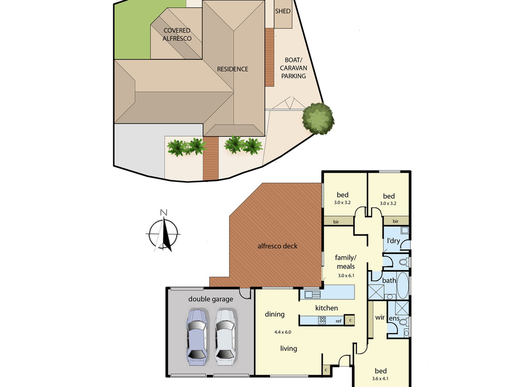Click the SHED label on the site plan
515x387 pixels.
282,11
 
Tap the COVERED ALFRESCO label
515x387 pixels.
177,34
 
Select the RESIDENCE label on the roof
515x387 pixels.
233,69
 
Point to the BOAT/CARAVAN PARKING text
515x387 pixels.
293,68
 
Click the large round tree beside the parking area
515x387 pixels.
318,118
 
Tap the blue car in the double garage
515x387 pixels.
197,336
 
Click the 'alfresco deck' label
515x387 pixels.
277,246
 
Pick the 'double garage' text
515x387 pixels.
211,299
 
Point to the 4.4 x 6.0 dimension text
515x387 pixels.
283,332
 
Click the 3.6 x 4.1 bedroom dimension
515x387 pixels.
380,379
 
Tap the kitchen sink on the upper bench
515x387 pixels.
312,294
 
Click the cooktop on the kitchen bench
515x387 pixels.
322,320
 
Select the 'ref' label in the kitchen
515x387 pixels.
339,321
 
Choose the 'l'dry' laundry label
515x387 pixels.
393,241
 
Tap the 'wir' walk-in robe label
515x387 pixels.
380,317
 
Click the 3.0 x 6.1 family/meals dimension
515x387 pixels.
346,276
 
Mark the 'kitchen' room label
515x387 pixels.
327,308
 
